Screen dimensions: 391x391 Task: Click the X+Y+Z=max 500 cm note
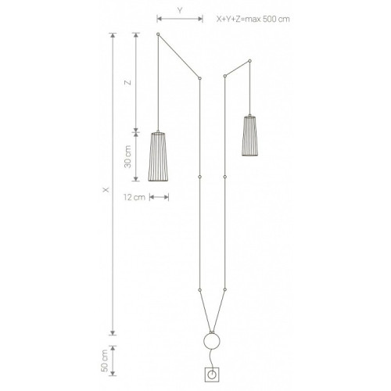coord(253,19)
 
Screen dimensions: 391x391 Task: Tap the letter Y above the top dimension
coord(180,11)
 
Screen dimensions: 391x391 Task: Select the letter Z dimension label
coord(127,83)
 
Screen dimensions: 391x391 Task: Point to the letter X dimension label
coord(106,190)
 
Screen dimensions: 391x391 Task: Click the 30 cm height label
coord(127,156)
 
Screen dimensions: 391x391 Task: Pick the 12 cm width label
coord(135,197)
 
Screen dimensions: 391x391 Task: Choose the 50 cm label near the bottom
coord(104,361)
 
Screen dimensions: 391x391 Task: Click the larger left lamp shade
coord(158,156)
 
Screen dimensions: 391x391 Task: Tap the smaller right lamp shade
coord(249,135)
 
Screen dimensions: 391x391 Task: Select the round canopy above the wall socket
coord(212,341)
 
